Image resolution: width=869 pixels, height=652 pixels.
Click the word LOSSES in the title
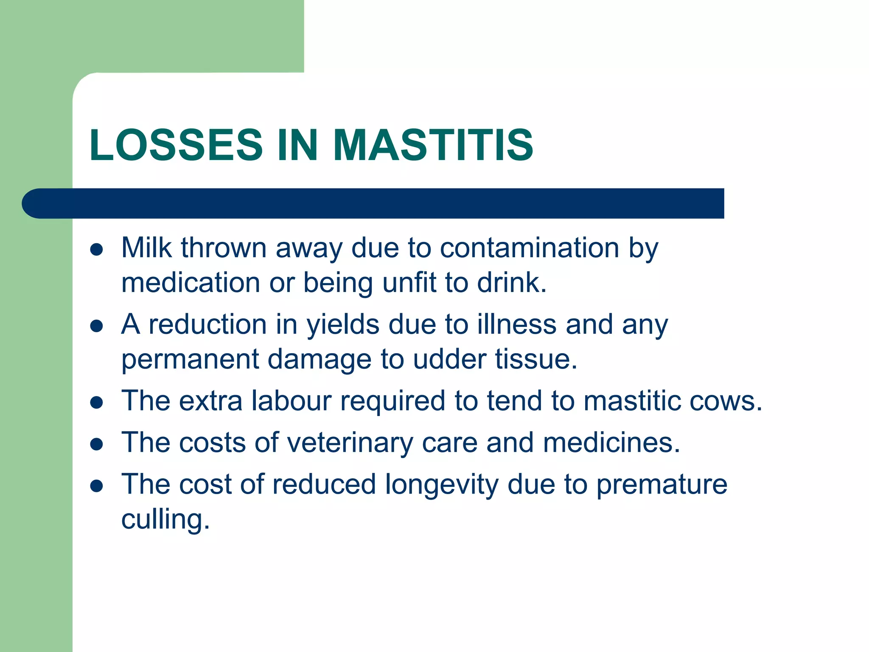(176, 145)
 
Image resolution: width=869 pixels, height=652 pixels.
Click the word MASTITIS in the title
(433, 145)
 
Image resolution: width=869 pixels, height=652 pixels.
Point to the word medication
(191, 283)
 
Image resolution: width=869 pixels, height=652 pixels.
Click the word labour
(291, 401)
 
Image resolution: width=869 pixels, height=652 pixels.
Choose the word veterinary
(350, 443)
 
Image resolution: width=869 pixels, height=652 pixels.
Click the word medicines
(611, 442)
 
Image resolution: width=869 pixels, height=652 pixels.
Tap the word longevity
(441, 485)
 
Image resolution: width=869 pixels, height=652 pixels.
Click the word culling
(165, 520)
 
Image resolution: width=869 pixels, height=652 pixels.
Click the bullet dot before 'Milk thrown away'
(97, 250)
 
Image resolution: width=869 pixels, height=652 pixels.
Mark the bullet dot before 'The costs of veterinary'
(97, 444)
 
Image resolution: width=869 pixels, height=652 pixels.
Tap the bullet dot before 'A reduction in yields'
(97, 326)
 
